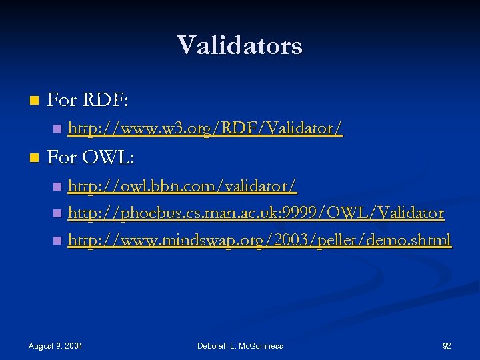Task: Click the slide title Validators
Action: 239,45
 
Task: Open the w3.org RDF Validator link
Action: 205,127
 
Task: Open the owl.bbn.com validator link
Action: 182,185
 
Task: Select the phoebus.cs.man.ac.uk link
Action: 256,213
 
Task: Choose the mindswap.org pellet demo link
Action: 259,240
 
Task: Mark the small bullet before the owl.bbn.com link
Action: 57,185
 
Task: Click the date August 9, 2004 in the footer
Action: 55,345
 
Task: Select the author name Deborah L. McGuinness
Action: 240,345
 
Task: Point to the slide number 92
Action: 447,345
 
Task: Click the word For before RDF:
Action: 63,101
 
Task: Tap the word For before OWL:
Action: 63,158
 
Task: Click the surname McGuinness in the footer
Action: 259,345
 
